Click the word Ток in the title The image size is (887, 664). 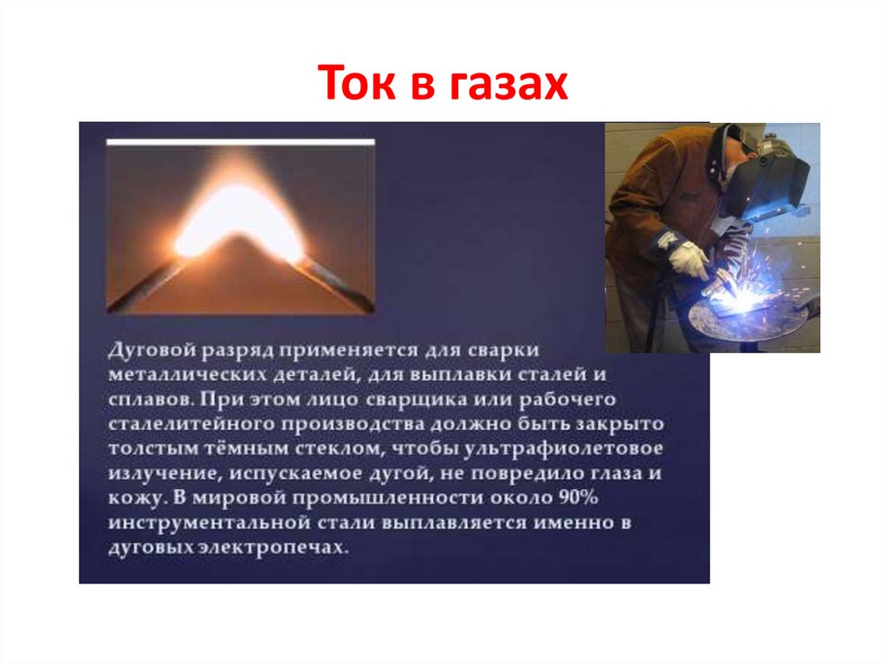354,85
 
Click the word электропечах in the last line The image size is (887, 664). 290,548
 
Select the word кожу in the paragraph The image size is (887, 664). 133,499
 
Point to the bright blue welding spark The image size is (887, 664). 733,299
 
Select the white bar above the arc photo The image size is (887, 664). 241,141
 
